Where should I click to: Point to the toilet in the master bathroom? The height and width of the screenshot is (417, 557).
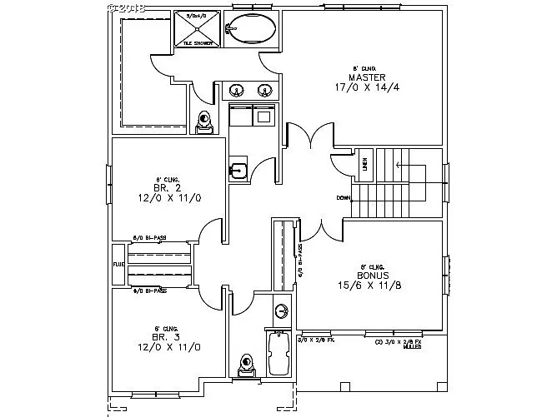coord(204,122)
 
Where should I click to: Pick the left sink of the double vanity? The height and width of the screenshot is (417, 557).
coord(237,90)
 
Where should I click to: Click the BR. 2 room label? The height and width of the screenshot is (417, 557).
coord(162,190)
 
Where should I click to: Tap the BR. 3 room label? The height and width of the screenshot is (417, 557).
coord(162,337)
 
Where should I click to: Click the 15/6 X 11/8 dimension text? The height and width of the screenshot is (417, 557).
coord(370,285)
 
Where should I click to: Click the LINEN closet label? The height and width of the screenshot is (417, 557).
coord(365,165)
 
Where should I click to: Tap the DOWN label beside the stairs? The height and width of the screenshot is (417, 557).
coord(343,198)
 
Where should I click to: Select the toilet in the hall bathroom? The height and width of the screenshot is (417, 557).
coord(246,364)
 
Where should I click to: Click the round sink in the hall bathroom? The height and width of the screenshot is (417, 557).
coord(282,311)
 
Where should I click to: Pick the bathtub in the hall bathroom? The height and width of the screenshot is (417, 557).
coord(279,354)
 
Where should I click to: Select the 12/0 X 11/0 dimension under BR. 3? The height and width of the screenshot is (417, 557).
coord(162,347)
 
